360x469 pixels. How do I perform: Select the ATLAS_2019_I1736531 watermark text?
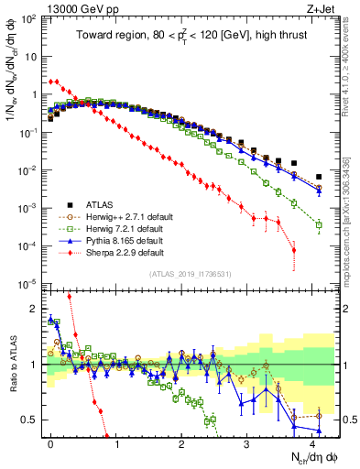coord(191,274)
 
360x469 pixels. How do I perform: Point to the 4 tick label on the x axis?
coord(312,443)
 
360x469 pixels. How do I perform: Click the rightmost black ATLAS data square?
coord(319,177)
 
